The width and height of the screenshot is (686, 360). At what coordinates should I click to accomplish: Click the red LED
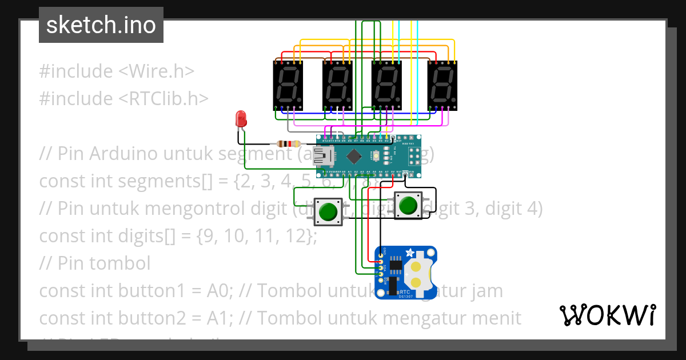[x=241, y=119]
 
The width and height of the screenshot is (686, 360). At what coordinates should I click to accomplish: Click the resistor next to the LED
[x=288, y=144]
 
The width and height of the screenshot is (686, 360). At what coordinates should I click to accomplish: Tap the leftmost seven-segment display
[x=288, y=86]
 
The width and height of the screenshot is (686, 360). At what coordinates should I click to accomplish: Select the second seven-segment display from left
[x=337, y=86]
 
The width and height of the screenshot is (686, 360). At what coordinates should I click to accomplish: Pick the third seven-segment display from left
[x=386, y=86]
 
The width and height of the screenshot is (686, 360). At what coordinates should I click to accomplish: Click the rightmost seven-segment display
[x=442, y=86]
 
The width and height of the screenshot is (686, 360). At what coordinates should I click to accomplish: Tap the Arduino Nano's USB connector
[x=327, y=155]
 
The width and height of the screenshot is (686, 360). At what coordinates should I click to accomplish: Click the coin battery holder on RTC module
[x=418, y=274]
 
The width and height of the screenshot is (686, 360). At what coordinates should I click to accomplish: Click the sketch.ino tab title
[x=101, y=25]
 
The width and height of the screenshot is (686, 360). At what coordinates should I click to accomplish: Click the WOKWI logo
[x=607, y=315]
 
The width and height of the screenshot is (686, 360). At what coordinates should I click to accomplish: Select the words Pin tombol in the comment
[x=104, y=263]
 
